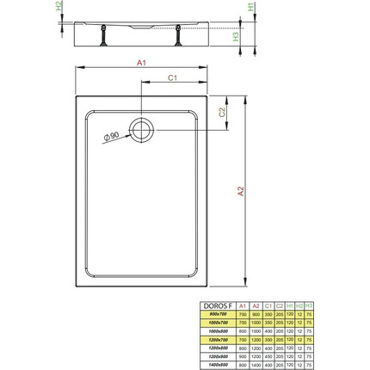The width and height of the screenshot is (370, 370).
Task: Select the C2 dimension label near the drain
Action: pyautogui.click(x=223, y=113)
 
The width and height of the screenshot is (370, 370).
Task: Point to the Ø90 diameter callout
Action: pyautogui.click(x=110, y=140)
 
